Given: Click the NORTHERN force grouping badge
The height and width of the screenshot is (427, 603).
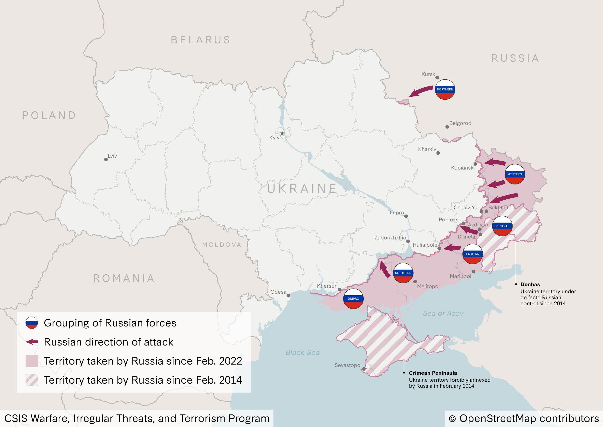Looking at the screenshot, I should (445, 89).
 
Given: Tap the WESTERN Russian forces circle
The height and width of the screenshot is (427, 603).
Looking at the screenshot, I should (515, 174).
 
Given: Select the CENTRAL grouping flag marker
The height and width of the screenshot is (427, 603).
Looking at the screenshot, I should (502, 226).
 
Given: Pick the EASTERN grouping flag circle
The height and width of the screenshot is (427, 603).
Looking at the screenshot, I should (472, 254).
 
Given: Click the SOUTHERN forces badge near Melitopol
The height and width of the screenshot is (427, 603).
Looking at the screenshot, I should (403, 273).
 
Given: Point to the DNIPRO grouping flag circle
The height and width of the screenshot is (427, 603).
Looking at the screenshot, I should (353, 298).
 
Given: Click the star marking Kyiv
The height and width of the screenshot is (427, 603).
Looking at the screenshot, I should (282, 133).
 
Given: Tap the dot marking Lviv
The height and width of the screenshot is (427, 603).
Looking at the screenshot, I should (106, 160).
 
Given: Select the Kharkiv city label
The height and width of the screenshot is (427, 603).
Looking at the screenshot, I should (427, 149).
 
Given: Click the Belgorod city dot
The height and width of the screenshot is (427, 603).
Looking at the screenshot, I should (447, 127).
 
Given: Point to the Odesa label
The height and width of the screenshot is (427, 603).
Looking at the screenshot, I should (278, 292).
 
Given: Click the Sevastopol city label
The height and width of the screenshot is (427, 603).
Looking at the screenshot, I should (348, 365).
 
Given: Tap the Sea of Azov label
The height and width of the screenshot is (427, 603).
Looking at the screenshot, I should (443, 313).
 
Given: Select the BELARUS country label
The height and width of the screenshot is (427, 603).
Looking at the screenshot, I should (201, 40).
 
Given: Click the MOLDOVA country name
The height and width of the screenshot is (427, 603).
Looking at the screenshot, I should (222, 245).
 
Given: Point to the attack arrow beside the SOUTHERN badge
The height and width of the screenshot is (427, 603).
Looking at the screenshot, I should (384, 269).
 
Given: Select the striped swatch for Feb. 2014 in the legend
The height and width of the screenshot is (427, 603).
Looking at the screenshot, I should (32, 380).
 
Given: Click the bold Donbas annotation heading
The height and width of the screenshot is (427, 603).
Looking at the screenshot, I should (530, 284).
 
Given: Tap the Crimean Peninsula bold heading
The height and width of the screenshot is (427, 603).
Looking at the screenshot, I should (433, 373).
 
